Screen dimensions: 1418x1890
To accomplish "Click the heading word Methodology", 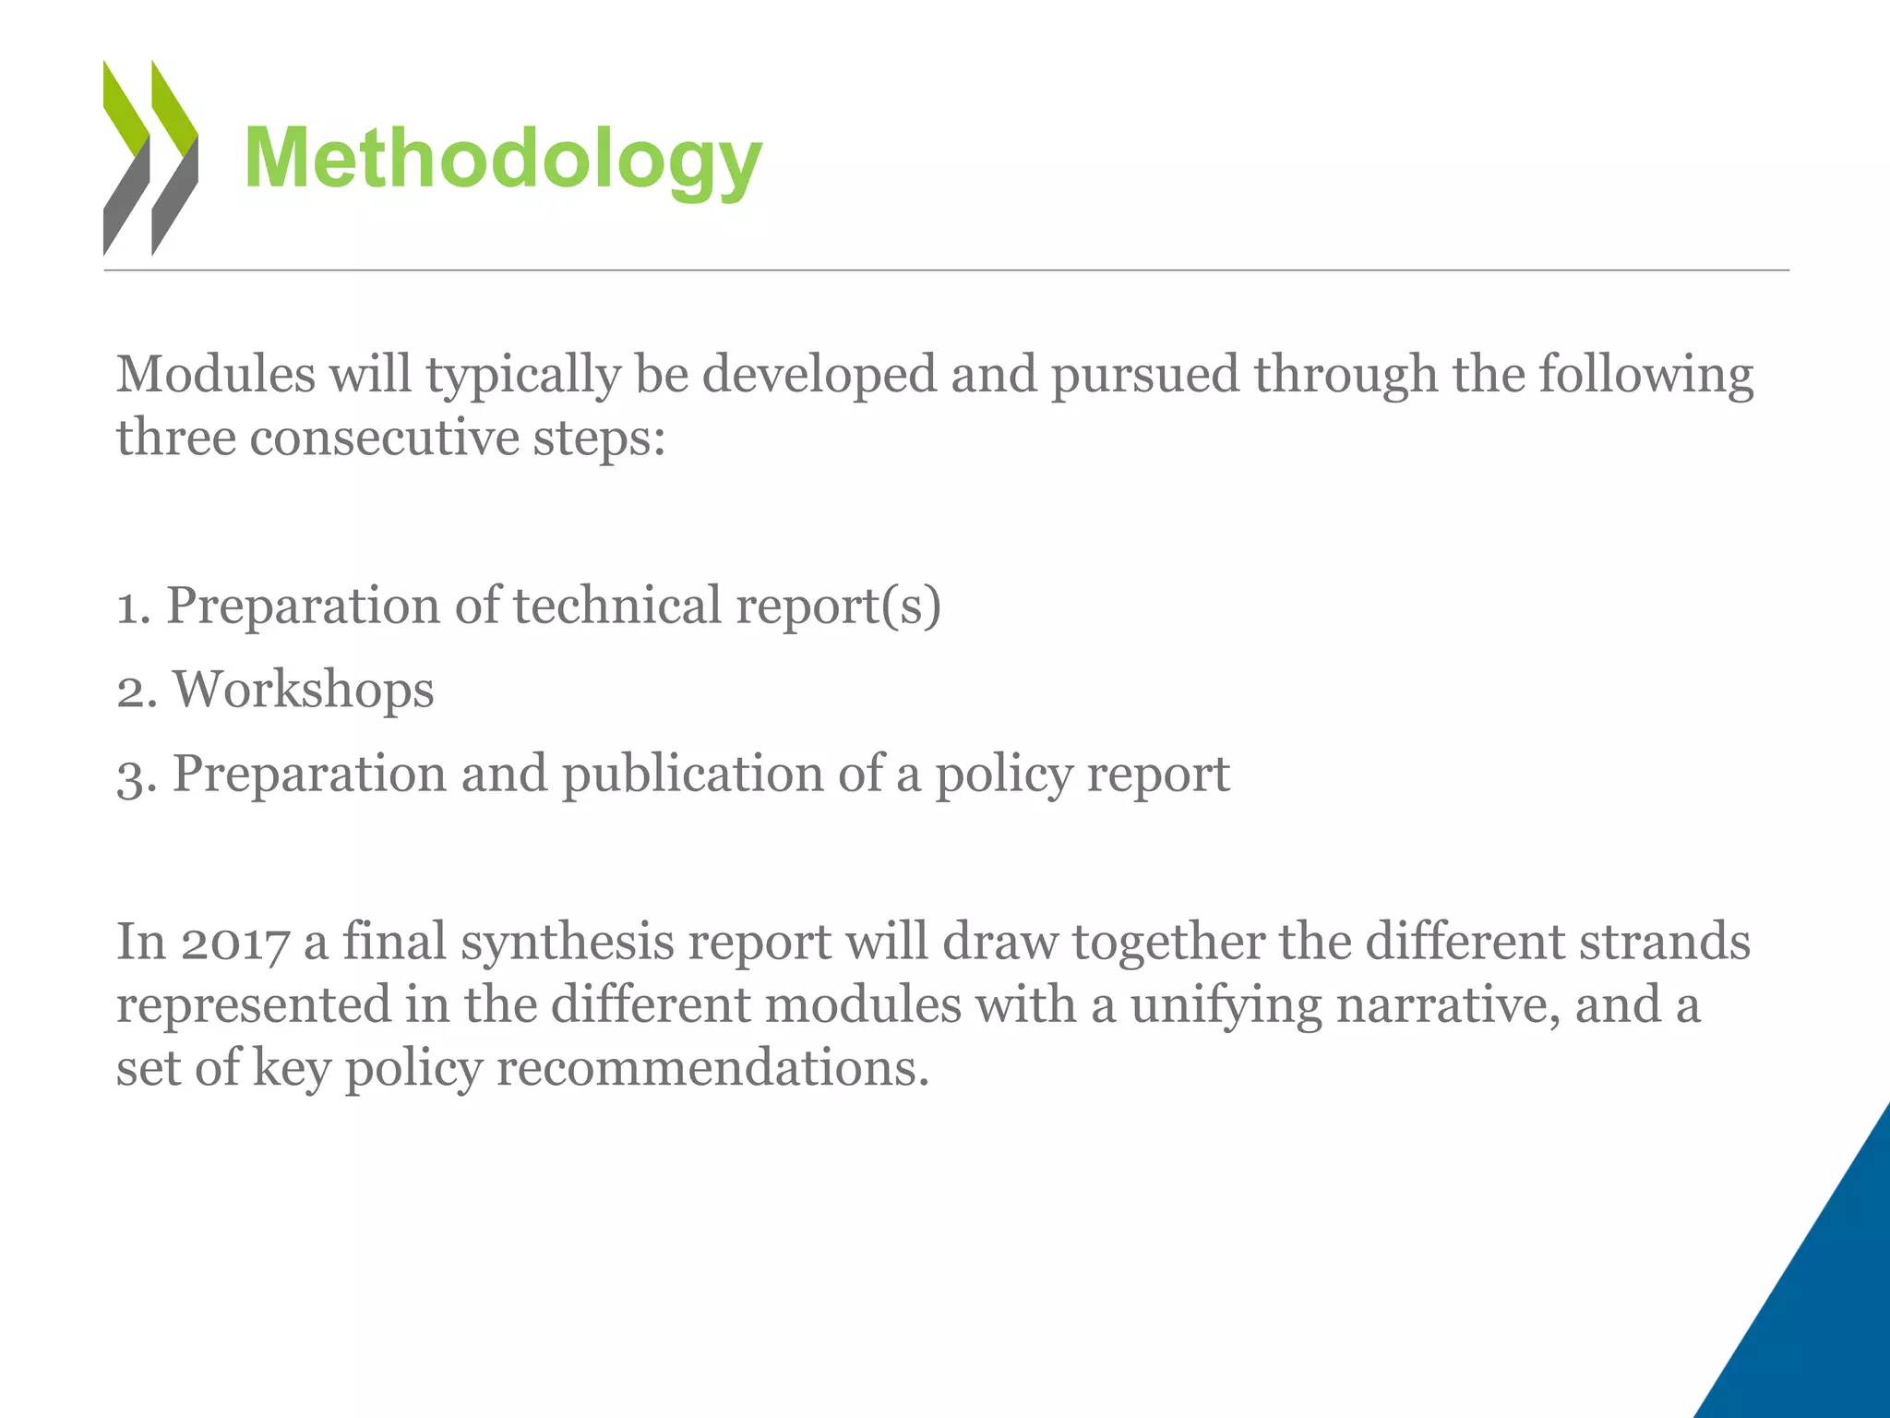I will pos(503,159).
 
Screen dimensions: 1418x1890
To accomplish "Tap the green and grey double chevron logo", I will pos(150,158).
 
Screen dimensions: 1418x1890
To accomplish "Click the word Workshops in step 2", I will pos(304,690).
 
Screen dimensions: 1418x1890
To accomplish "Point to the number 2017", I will pos(234,943).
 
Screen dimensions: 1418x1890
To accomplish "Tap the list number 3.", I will pos(132,775).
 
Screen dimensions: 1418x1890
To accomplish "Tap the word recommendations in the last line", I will pos(712,1068).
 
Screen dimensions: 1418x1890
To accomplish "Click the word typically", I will pos(522,375).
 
